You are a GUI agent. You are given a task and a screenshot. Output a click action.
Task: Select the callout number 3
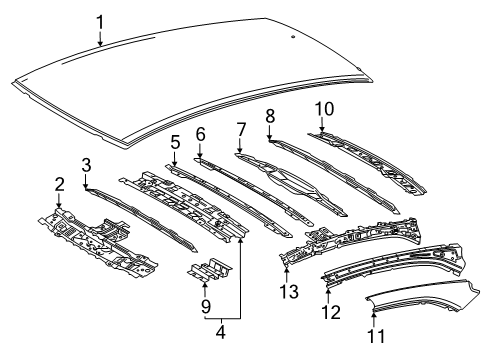pyautogui.click(x=86, y=163)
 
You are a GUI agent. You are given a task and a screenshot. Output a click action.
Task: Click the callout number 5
pyautogui.click(x=174, y=143)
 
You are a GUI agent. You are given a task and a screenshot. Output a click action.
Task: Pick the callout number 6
pyautogui.click(x=200, y=133)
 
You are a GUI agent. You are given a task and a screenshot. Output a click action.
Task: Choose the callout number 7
pyautogui.click(x=240, y=128)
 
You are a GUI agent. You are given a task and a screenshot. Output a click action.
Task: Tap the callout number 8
pyautogui.click(x=270, y=116)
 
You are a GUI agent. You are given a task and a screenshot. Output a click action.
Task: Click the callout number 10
pyautogui.click(x=321, y=108)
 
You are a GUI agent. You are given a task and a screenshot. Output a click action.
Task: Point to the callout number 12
pyautogui.click(x=329, y=313)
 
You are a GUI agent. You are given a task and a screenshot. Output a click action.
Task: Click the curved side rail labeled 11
pyautogui.click(x=420, y=300)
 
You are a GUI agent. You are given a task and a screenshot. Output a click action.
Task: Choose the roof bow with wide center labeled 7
pyautogui.click(x=290, y=180)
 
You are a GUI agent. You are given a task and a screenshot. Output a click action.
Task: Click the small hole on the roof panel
pyautogui.click(x=291, y=37)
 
